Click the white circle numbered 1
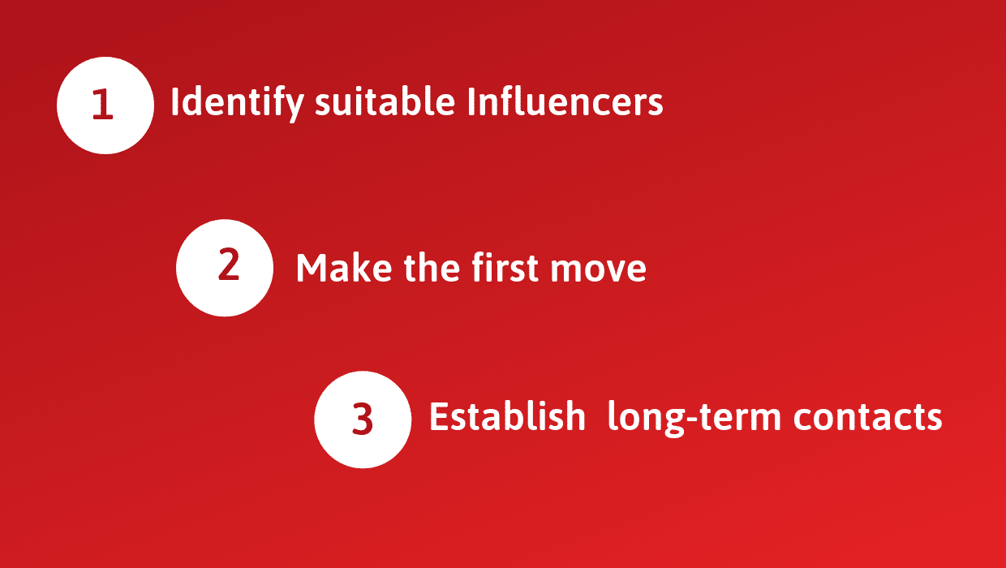[105, 105]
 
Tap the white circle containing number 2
[225, 267]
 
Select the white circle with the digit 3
[363, 420]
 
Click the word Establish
[507, 417]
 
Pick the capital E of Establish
[438, 417]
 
